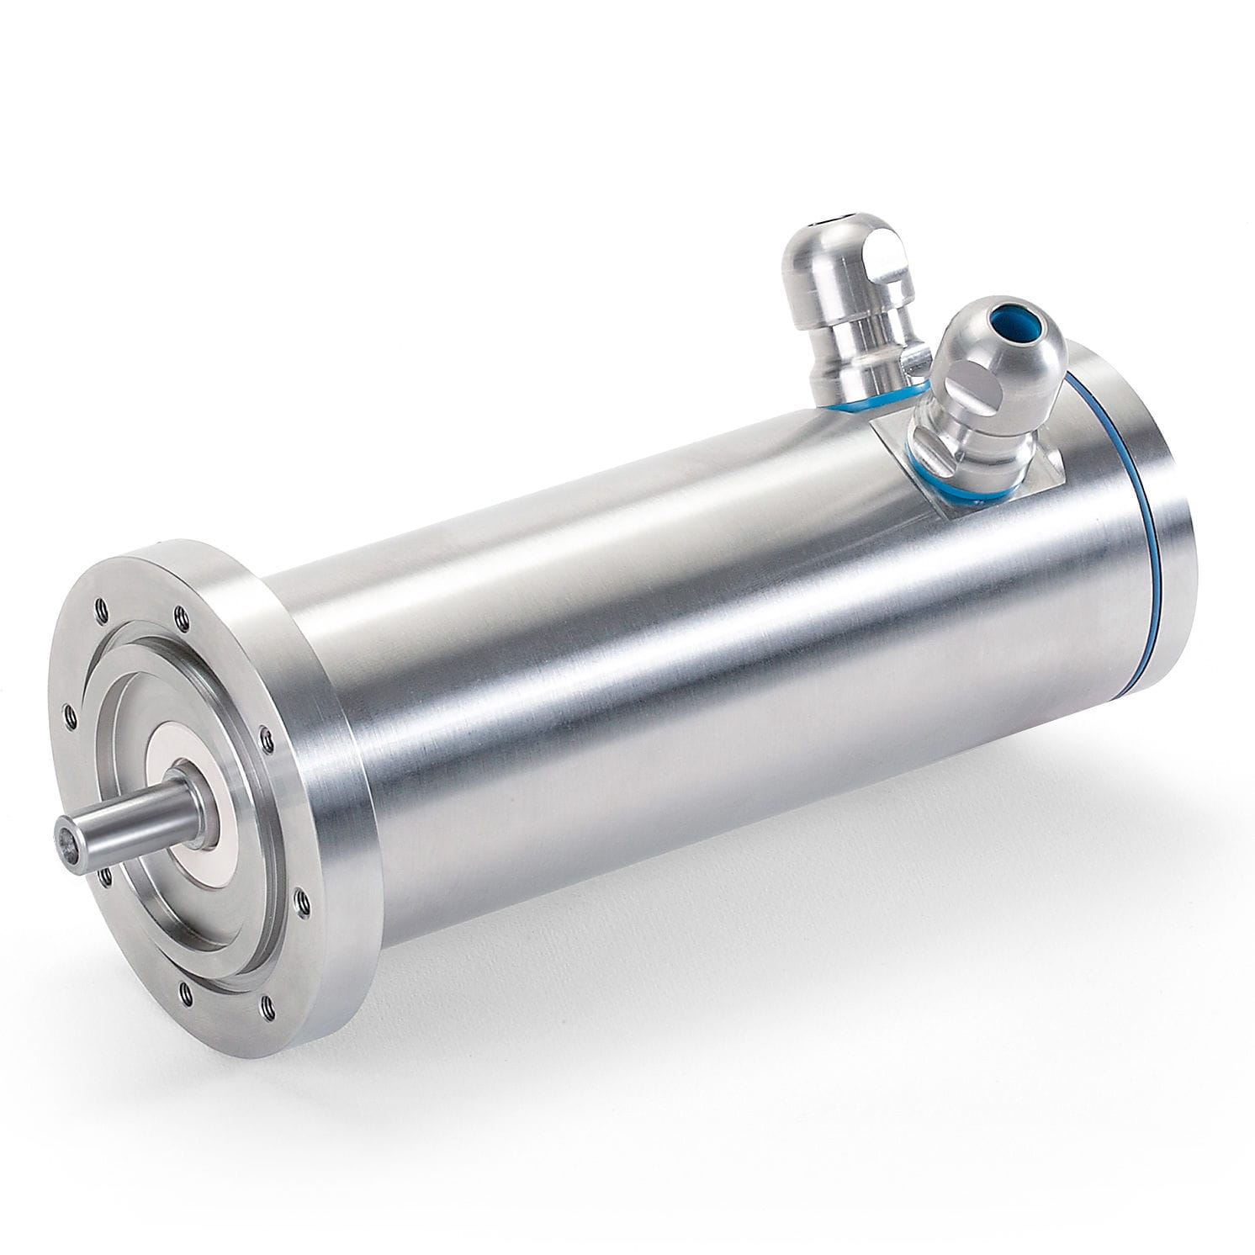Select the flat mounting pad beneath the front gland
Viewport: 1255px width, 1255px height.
[993, 471]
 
